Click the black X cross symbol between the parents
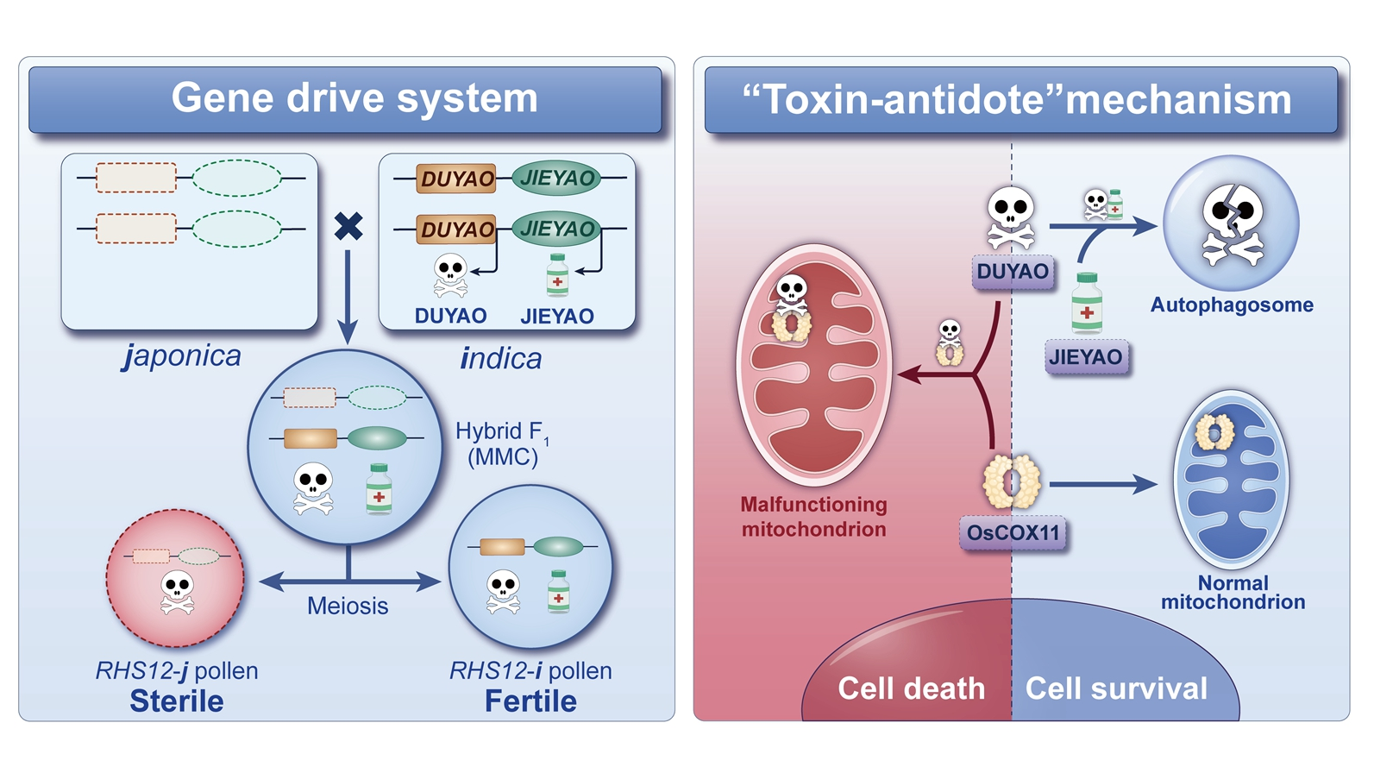pyautogui.click(x=348, y=226)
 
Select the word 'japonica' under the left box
pyautogui.click(x=182, y=355)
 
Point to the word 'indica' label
pyautogui.click(x=501, y=358)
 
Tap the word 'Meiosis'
pyautogui.click(x=348, y=606)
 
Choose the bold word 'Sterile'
pyautogui.click(x=177, y=701)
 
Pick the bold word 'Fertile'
pyautogui.click(x=530, y=701)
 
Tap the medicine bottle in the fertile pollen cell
pyautogui.click(x=559, y=592)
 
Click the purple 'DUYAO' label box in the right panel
pyautogui.click(x=1013, y=272)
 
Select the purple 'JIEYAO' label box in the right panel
pyautogui.click(x=1086, y=356)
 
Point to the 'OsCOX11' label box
pyautogui.click(x=1013, y=532)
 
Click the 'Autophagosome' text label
pyautogui.click(x=1232, y=305)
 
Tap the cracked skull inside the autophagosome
pyautogui.click(x=1233, y=223)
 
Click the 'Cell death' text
pyautogui.click(x=911, y=688)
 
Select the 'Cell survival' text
pyautogui.click(x=1116, y=688)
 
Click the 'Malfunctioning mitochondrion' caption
pyautogui.click(x=813, y=516)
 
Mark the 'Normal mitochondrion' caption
pyautogui.click(x=1233, y=592)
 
